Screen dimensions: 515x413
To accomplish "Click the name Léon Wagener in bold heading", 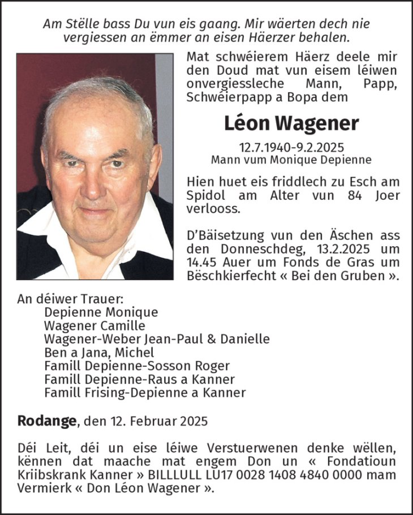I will pyautogui.click(x=291, y=123).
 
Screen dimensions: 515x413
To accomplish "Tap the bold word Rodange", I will pyautogui.click(x=47, y=421).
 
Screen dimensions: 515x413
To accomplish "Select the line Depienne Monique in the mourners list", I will pyautogui.click(x=101, y=312).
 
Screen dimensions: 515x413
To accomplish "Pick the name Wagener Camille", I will pyautogui.click(x=94, y=325).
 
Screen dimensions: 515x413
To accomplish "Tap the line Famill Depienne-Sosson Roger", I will pyautogui.click(x=136, y=366).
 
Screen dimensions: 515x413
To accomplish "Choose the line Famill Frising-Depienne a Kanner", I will pyautogui.click(x=145, y=392).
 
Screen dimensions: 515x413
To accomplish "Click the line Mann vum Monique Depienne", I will pyautogui.click(x=291, y=160).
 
